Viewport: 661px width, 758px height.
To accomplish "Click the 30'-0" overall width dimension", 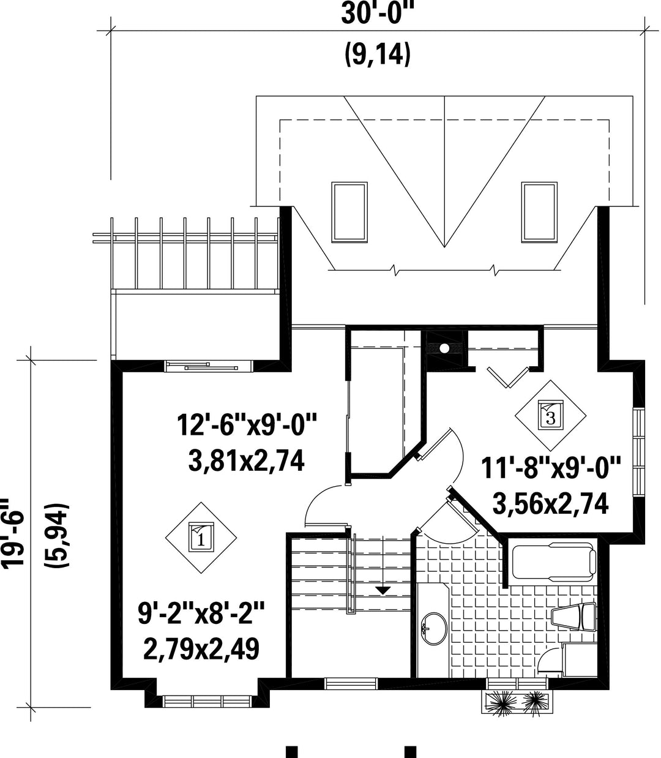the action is pos(377,14).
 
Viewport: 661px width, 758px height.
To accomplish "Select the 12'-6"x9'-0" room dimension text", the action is pos(247,425).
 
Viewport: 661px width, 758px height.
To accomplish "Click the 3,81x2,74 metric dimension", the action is pos(246,460).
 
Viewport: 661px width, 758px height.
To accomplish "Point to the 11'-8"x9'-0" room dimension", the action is pos(550,468).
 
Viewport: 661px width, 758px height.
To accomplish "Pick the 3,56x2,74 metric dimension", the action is pos(550,503).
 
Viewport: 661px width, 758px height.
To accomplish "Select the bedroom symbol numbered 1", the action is pos(201,538).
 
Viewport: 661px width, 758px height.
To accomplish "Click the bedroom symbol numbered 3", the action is pos(551,415).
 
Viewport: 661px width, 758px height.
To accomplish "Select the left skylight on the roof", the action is pos(349,212).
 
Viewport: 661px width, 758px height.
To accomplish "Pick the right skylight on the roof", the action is pos(539,212).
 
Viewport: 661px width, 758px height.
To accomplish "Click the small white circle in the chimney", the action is pos(444,348).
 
